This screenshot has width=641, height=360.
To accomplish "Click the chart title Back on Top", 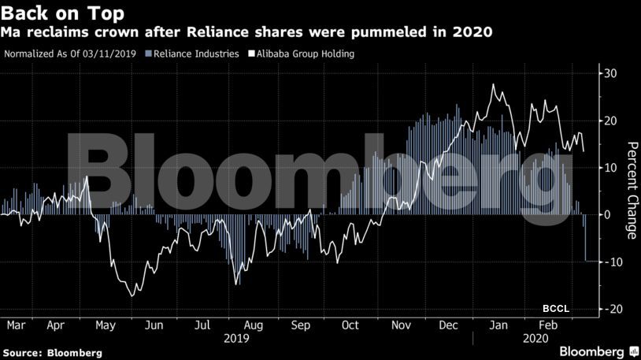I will tap(62, 13).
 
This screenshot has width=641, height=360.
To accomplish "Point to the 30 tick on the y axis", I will tap(610, 74).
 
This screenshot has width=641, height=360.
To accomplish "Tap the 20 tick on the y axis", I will tap(610, 121).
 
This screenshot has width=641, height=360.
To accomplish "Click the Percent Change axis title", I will tap(631, 190).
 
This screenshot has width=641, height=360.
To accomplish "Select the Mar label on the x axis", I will tap(16, 325).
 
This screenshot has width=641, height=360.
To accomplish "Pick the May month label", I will tap(105, 325).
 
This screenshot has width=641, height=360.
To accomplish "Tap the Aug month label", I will tap(254, 325).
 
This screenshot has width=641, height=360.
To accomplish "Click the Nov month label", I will tap(402, 325).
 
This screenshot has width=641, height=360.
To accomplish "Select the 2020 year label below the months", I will tap(535, 338).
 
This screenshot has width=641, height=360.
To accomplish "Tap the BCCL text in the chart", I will tap(555, 307).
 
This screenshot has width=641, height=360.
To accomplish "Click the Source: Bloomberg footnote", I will tap(52, 352).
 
